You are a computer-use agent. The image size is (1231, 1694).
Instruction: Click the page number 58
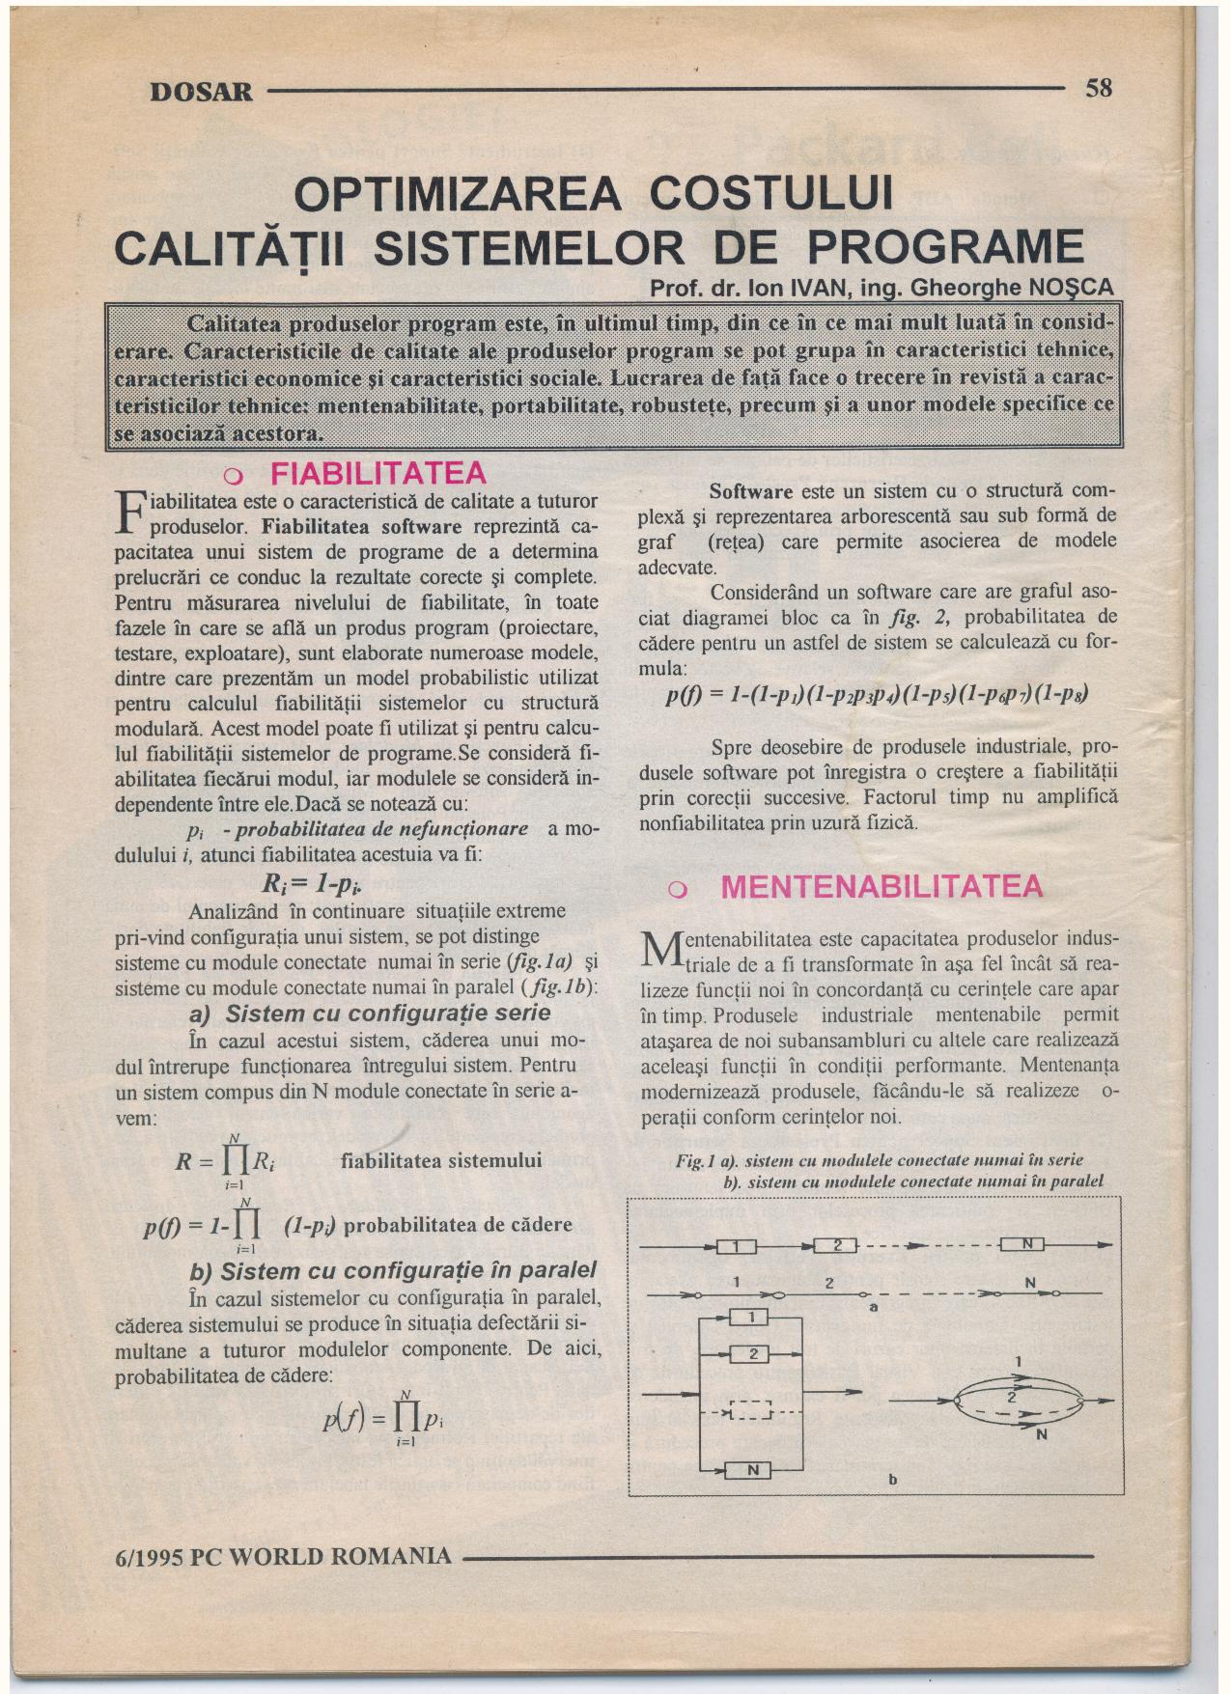point(1099,89)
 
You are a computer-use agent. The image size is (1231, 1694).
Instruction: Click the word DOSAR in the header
point(202,93)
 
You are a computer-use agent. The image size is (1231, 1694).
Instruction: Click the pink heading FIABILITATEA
point(378,474)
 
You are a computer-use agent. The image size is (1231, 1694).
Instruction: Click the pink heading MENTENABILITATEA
point(881,886)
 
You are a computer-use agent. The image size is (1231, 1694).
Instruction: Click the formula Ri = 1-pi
point(312,884)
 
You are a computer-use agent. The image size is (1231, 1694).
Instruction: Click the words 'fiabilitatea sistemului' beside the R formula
point(442,1160)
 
